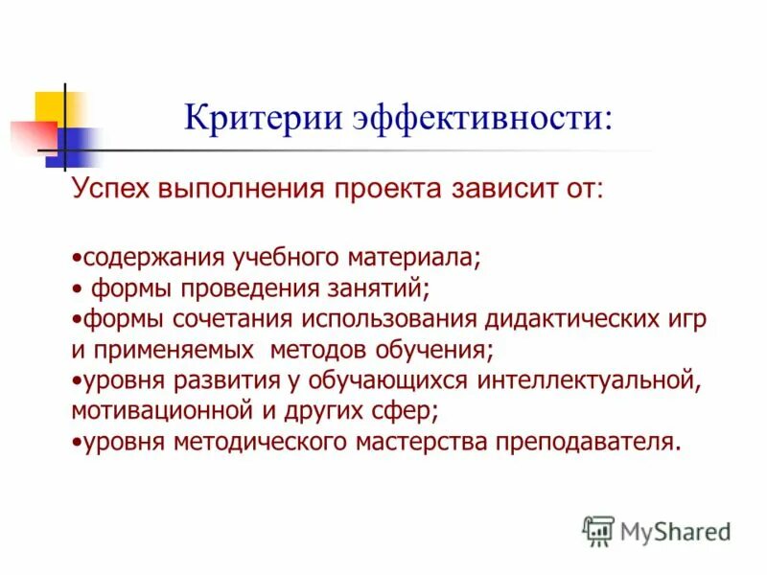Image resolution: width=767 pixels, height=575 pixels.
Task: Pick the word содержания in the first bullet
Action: [151, 259]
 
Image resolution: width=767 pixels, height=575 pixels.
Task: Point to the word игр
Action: [687, 319]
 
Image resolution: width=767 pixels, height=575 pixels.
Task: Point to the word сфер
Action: [409, 411]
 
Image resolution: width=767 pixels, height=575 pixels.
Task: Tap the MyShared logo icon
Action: [598, 529]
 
